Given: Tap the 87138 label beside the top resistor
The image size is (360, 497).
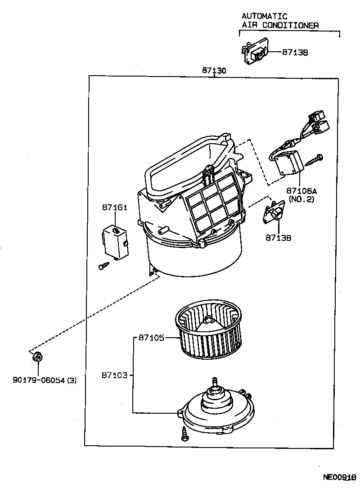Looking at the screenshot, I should tap(295, 52).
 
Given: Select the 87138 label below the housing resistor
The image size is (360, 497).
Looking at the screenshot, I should tap(279, 237).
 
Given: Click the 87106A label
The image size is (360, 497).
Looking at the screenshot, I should tap(301, 190).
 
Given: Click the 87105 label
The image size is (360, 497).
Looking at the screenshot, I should tap(151, 337).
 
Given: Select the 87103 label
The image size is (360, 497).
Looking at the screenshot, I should tap(114, 375).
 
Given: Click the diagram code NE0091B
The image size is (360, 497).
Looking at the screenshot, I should tap(339, 477).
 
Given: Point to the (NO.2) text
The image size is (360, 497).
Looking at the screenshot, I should tap(301, 199).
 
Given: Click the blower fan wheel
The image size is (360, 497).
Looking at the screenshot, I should tap(209, 333).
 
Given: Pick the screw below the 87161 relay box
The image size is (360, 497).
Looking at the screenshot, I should tap(103, 266).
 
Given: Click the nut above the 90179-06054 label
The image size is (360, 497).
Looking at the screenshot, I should tap(38, 357).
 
